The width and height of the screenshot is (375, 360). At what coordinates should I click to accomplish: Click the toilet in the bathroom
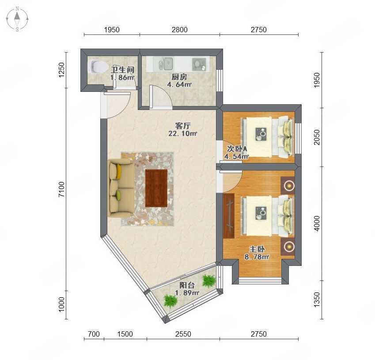tap(98, 66)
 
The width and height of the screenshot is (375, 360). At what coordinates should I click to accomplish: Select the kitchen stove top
tap(199, 64)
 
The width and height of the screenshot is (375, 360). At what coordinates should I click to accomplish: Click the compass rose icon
tap(17, 19)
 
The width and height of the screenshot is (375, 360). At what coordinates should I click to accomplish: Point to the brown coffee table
tap(156, 188)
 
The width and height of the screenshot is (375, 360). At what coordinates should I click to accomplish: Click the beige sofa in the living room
tap(121, 188)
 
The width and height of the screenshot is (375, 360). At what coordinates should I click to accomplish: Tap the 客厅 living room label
tap(183, 126)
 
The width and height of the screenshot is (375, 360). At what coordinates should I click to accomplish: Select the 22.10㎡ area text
tap(182, 133)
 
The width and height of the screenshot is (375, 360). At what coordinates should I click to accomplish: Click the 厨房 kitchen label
tap(179, 77)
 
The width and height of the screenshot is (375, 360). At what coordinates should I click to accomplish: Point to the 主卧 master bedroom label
tap(257, 249)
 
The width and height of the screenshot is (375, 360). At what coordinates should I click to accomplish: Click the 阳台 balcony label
tap(187, 285)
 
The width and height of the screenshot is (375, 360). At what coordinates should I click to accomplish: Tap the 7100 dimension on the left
tap(61, 189)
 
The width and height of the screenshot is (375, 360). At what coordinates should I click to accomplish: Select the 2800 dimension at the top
tap(180, 30)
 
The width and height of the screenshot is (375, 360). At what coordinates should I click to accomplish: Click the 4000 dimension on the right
tap(317, 224)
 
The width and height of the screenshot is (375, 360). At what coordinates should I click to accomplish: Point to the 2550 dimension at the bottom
tap(183, 334)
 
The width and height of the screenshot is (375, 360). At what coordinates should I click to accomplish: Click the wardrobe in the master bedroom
tap(229, 216)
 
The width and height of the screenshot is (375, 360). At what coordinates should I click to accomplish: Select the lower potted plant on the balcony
tap(170, 301)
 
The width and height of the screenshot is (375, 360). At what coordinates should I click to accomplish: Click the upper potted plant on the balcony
tap(209, 280)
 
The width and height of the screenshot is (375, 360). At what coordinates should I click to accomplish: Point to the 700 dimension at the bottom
tap(94, 334)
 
